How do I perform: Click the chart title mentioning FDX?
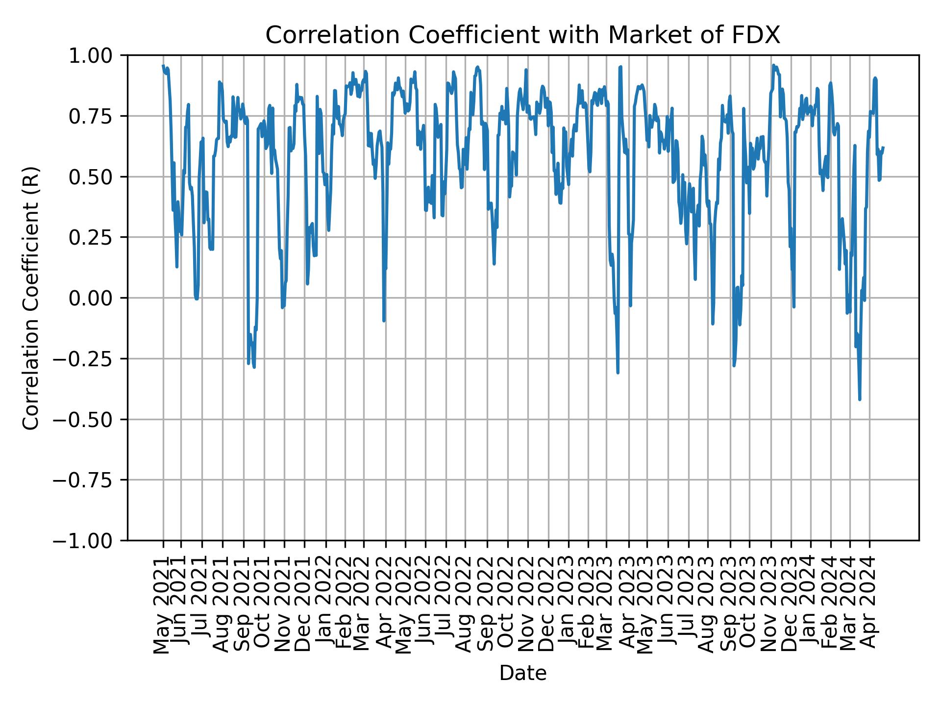tap(522, 35)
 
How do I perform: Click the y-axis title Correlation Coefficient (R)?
tap(31, 298)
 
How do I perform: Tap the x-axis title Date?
tap(522, 674)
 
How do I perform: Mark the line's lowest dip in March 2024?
tap(860, 400)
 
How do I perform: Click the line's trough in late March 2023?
tap(618, 373)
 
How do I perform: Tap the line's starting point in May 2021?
tap(163, 65)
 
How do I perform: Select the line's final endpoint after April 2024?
tap(883, 147)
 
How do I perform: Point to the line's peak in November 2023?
tap(773, 65)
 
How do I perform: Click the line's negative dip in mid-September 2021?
tap(254, 367)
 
